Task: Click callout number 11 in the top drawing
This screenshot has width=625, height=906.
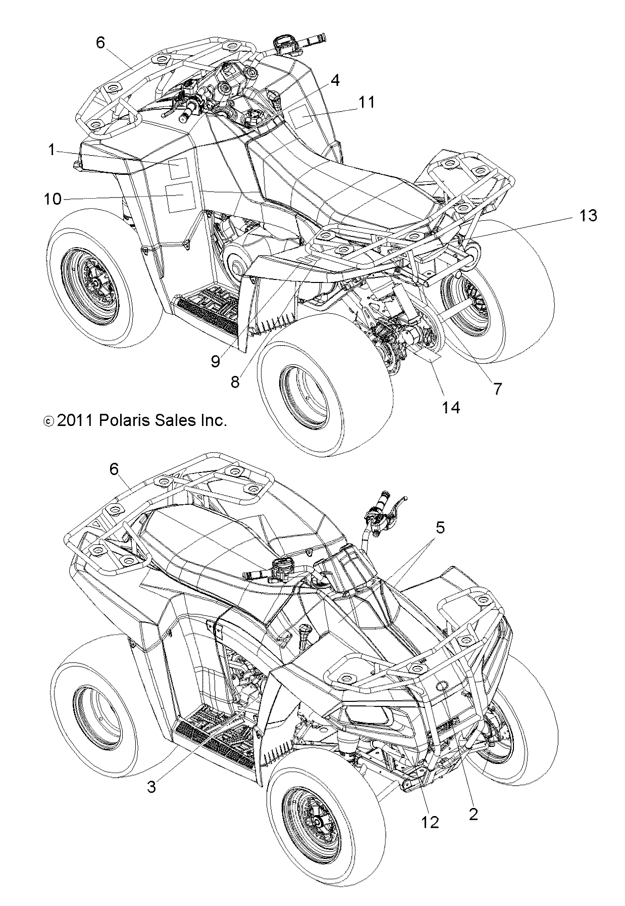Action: tap(367, 102)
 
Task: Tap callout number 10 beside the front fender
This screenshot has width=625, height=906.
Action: tap(53, 199)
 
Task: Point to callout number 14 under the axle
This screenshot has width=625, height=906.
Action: tap(451, 408)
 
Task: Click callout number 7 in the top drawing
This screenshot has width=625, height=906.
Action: tap(497, 389)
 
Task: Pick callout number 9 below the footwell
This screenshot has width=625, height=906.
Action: tap(216, 361)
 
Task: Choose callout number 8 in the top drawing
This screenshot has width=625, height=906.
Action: tap(235, 382)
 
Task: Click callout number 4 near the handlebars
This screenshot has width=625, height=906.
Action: tap(335, 80)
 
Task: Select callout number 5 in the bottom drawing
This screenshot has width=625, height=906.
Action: tap(440, 528)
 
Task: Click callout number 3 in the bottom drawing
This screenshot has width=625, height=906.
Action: tap(151, 787)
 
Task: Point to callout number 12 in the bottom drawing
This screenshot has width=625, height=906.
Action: tap(431, 822)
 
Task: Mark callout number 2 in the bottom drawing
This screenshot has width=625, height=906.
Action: tap(473, 814)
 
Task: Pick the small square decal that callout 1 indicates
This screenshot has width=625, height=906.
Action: tap(177, 168)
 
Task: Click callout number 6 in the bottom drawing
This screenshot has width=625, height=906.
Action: tap(114, 469)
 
